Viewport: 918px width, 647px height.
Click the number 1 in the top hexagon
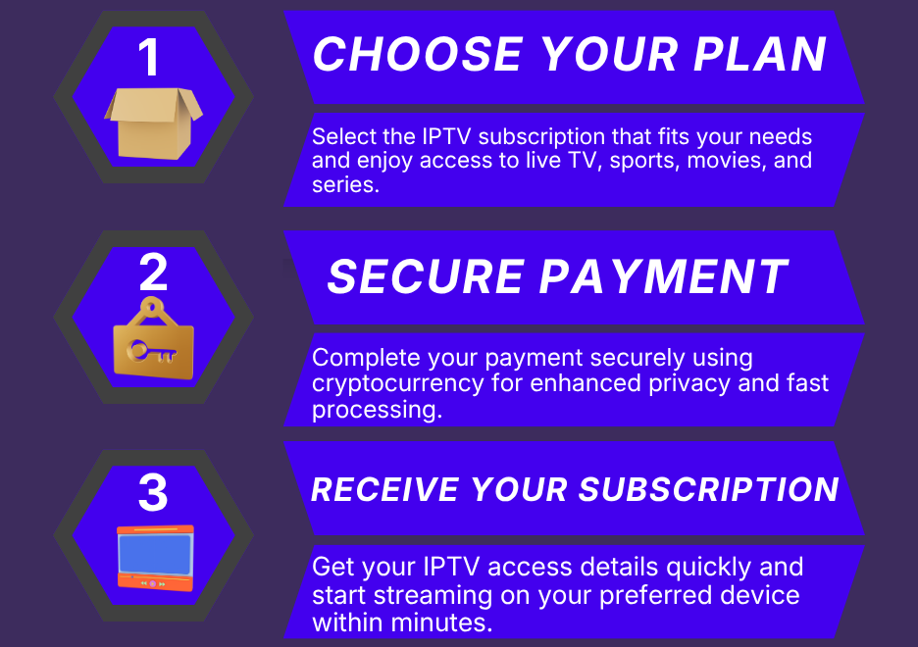click(149, 57)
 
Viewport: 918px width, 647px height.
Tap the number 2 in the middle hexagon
click(153, 273)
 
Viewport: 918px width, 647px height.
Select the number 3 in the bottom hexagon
click(153, 492)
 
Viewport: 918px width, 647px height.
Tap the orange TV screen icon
click(155, 556)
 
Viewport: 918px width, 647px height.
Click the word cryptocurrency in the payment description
click(398, 383)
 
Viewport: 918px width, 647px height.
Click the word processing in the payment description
click(376, 409)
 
